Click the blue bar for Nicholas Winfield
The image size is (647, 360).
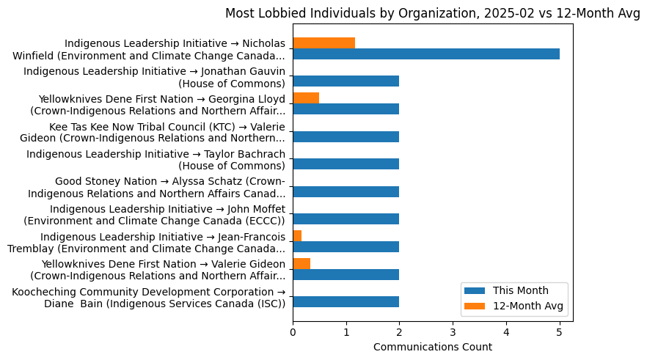(x=425, y=54)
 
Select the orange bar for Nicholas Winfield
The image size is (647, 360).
(x=323, y=43)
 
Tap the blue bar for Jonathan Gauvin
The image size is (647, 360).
(x=346, y=81)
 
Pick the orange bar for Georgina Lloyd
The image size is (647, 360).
(x=306, y=98)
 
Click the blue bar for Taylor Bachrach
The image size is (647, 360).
(x=346, y=164)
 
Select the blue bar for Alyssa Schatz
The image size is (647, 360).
(x=346, y=191)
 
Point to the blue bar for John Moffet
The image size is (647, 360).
(x=346, y=219)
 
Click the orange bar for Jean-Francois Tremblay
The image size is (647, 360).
(x=297, y=236)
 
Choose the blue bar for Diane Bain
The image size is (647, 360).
(x=346, y=302)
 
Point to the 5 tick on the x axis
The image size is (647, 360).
(x=559, y=332)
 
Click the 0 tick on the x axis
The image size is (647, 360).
(x=293, y=332)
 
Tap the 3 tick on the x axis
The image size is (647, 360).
(x=453, y=332)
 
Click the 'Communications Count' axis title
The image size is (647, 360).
(x=432, y=348)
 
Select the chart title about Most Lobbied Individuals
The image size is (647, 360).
(x=432, y=13)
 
